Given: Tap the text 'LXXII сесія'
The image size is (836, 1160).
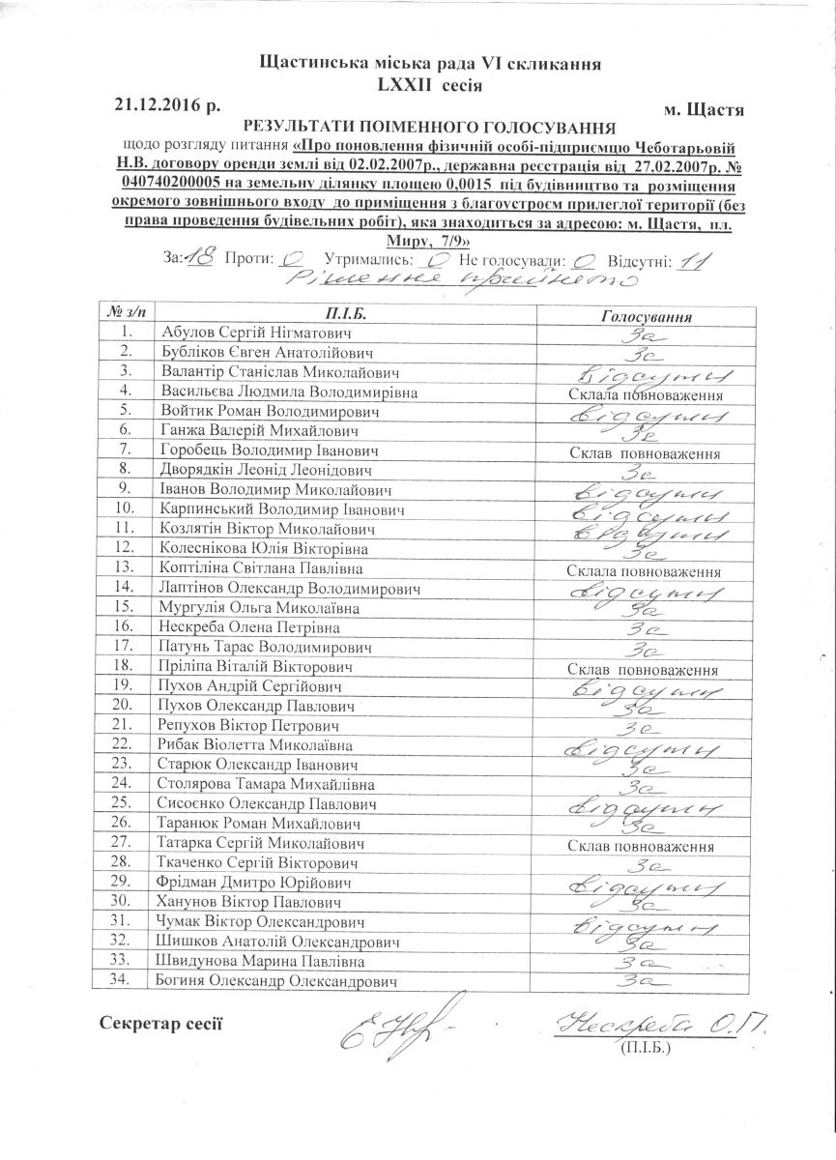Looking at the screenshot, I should [x=430, y=85].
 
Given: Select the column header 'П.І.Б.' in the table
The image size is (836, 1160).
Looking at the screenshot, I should [x=350, y=314].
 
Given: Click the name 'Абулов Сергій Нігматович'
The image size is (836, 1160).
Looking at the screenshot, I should [x=243, y=333].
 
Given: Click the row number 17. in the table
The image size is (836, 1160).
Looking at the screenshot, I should [x=122, y=646].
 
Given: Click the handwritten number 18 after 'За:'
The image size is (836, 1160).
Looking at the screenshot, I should [x=201, y=259].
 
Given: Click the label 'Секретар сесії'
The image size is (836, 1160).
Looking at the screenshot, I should [x=160, y=1024].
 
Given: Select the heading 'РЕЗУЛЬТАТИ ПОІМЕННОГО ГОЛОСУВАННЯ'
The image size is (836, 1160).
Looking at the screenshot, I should [x=429, y=127].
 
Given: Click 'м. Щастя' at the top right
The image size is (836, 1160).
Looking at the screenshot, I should [x=706, y=110].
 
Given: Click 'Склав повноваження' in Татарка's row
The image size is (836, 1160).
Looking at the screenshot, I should [x=643, y=848].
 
